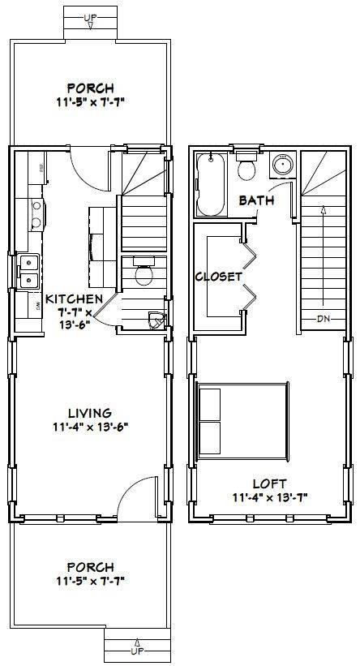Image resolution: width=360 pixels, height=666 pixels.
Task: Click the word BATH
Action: click(255, 200)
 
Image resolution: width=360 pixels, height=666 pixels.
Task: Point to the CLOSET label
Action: click(219, 277)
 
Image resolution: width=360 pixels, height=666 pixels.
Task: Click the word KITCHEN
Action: click(74, 299)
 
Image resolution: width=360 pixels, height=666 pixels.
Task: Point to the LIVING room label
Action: click(90, 412)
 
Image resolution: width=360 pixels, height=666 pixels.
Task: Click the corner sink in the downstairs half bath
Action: click(155, 320)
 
